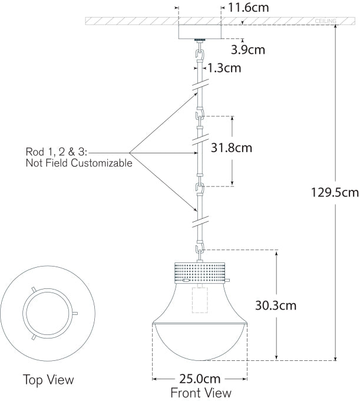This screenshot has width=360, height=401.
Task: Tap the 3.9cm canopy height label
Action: coord(246,50)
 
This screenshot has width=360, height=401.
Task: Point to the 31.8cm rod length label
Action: coord(227,147)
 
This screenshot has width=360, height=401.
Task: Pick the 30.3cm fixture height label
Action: coord(276,305)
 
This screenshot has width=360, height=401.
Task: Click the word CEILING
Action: coord(326,21)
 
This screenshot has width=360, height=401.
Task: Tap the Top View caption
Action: coord(49,379)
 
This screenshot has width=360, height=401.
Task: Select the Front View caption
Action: coord(201,392)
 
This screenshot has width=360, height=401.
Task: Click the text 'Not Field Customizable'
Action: coord(79,163)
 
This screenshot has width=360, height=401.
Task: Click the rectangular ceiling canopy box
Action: coord(199,31)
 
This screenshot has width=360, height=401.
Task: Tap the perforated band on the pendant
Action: coord(200,271)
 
